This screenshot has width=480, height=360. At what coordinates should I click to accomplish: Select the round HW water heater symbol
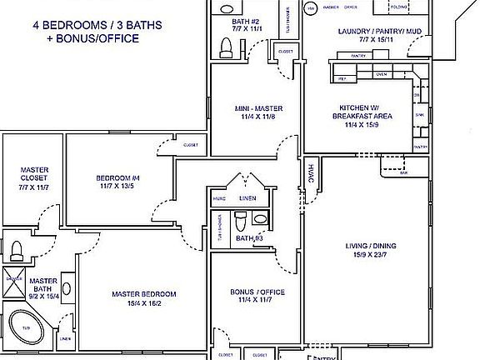click(311, 8)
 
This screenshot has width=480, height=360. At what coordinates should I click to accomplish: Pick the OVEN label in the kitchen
click(382, 74)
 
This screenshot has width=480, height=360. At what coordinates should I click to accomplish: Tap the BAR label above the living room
click(403, 173)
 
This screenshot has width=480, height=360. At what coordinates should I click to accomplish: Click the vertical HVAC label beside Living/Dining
click(311, 172)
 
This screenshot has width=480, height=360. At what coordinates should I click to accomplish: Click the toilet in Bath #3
click(240, 222)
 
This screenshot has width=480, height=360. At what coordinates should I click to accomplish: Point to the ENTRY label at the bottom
click(322, 356)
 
